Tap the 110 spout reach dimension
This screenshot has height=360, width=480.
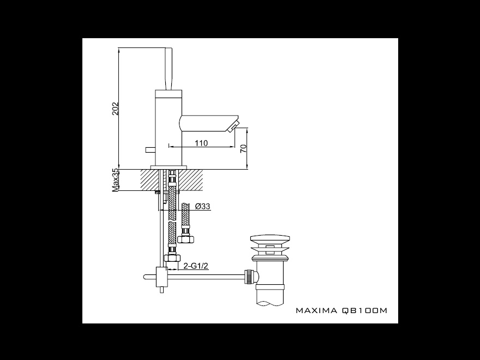click(201, 143)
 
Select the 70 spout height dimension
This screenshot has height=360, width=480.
click(243, 149)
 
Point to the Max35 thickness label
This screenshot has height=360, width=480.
click(116, 181)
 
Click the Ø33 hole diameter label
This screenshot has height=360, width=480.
click(203, 206)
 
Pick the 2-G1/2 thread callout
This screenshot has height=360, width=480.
click(196, 266)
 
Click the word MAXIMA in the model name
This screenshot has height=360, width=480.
click(316, 310)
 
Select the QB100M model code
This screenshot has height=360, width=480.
click(364, 310)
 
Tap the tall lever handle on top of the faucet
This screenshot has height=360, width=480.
click(169, 69)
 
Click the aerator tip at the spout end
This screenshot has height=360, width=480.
click(234, 126)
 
